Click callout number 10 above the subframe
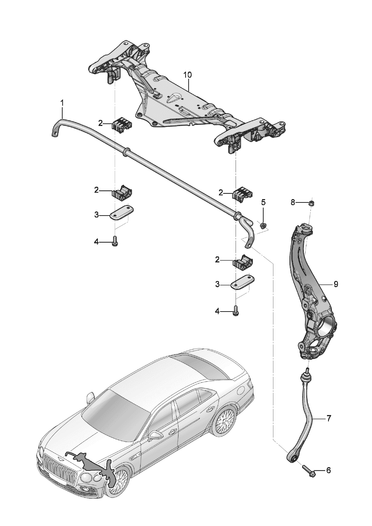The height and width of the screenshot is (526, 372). [x=187, y=75]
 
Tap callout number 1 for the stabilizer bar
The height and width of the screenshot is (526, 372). [x=62, y=102]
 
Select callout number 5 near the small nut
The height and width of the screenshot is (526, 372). [x=263, y=202]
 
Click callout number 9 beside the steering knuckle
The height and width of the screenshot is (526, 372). [x=335, y=284]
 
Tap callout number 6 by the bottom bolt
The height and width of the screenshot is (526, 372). [x=328, y=470]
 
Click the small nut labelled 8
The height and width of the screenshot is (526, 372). [x=311, y=204]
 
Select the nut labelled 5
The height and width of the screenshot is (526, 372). [x=263, y=225]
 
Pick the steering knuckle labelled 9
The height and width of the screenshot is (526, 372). [x=311, y=296]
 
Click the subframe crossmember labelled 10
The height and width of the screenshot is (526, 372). [x=187, y=101]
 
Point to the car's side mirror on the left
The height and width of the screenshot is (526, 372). [x=90, y=398]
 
